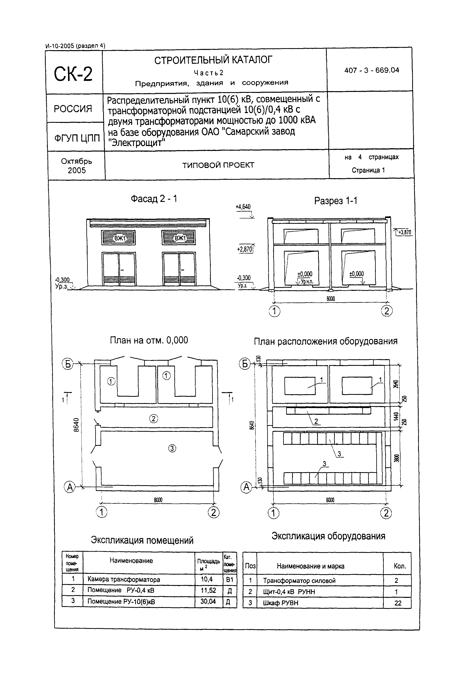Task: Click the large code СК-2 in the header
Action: (x=73, y=74)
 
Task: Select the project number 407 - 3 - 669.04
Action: (x=371, y=70)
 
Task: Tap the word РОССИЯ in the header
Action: (x=73, y=109)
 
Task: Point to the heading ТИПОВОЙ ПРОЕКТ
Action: (x=218, y=165)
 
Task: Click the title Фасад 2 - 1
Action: (x=154, y=199)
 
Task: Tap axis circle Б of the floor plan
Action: (x=68, y=364)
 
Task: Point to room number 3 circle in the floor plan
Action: (x=172, y=448)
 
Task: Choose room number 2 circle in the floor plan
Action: (x=154, y=419)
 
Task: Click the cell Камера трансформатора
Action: (x=124, y=580)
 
